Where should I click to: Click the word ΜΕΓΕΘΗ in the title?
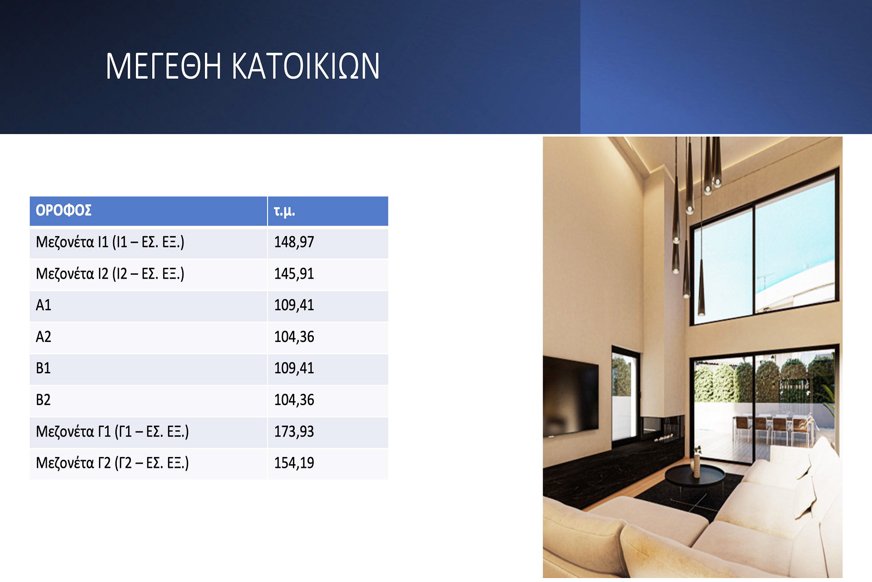pos(163,66)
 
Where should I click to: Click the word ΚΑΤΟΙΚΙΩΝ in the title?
pos(306,66)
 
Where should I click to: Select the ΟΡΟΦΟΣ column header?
pos(64,210)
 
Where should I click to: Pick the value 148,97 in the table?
pos(294,242)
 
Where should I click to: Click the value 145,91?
pos(294,274)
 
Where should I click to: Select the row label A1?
pos(44,305)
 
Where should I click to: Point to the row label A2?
pos(44,337)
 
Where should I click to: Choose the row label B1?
pos(43,368)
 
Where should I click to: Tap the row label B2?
pos(43,400)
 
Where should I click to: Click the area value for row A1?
pos(294,305)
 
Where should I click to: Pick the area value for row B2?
pos(294,400)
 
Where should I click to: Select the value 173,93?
pos(294,431)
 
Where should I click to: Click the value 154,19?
pos(294,463)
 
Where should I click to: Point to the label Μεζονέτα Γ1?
pos(73,431)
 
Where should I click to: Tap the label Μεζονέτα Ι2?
pos(72,274)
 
